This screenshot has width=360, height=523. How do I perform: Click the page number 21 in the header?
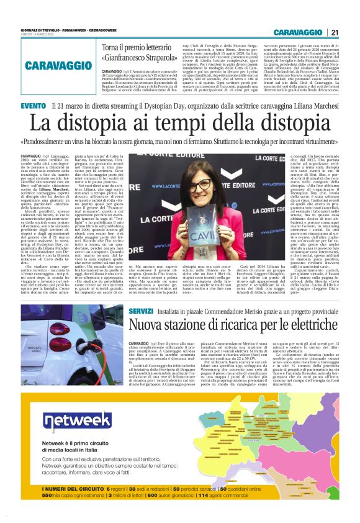[334, 32]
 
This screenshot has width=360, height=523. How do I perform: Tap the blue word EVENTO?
[33, 107]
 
